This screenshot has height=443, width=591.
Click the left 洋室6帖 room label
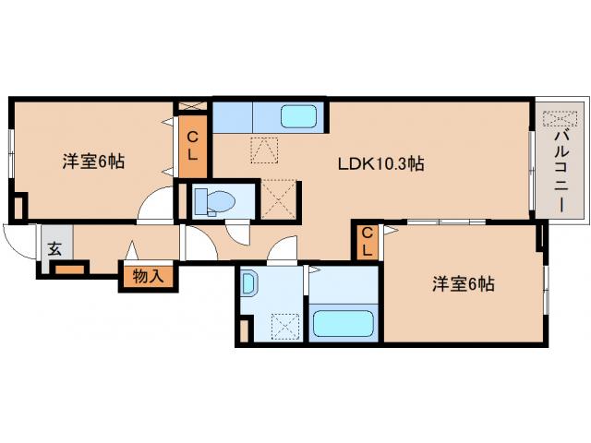coord(93,162)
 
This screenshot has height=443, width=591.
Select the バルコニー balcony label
coord(560,172)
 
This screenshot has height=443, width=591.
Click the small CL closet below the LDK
coord(367,241)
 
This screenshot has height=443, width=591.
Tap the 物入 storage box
coord(146,275)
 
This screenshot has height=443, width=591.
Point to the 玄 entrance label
coord(54,247)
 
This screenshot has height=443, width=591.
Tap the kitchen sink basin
coord(298,117)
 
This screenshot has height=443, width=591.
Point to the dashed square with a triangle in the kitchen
coord(264,150)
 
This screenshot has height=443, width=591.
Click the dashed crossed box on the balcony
coord(559,118)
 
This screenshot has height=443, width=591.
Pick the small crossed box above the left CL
coord(192,105)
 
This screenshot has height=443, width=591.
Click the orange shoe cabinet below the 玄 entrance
coord(69,269)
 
